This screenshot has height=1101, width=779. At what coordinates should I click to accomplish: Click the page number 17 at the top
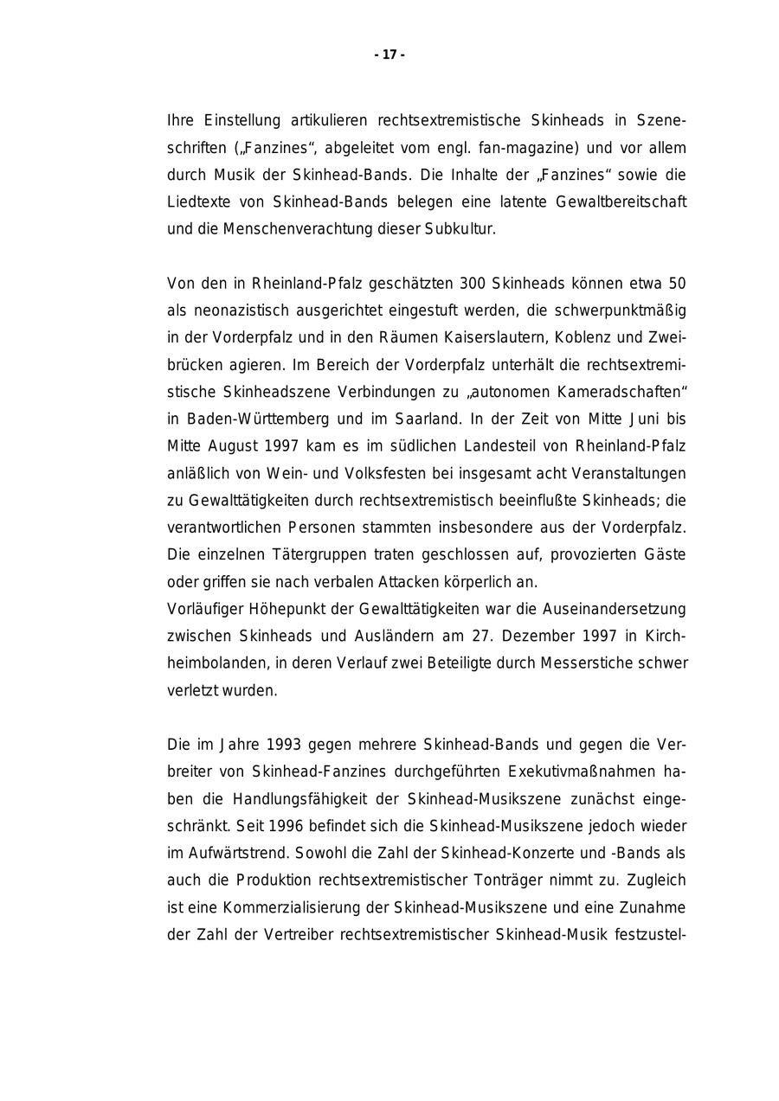click(389, 55)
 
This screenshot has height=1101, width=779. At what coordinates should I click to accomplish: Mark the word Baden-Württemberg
click(256, 419)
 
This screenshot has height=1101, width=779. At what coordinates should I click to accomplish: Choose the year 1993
click(284, 745)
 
